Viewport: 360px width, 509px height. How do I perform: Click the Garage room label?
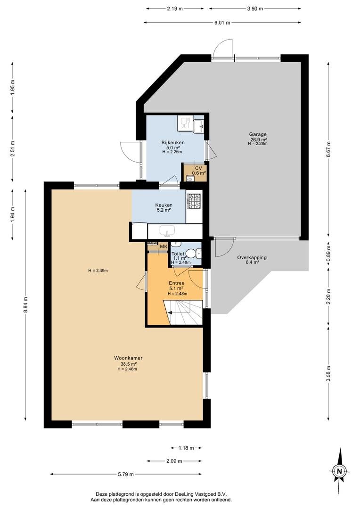click(258, 134)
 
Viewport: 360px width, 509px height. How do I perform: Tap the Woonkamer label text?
click(128, 358)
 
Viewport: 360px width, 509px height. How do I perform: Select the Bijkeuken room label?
click(173, 142)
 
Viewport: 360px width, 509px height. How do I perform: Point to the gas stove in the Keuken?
click(195, 201)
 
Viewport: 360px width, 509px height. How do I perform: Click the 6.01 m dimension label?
click(222, 23)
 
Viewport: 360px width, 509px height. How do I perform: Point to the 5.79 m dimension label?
click(126, 474)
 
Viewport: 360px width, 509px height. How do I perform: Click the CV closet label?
click(198, 168)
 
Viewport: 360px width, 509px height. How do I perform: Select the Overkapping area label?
click(252, 257)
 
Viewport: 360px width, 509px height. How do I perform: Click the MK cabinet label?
click(164, 246)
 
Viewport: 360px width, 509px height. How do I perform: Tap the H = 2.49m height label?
click(98, 271)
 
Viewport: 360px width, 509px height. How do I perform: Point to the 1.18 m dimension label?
click(186, 448)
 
